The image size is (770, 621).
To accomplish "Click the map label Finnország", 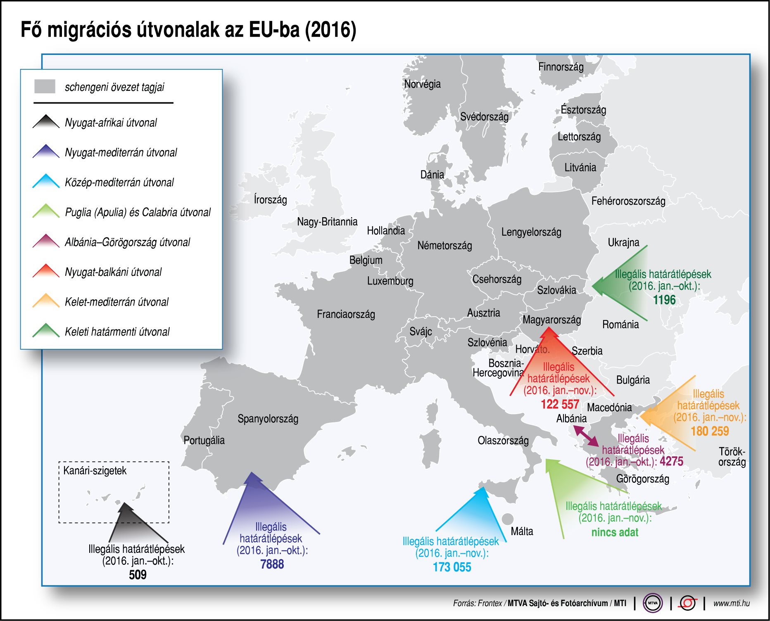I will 561,67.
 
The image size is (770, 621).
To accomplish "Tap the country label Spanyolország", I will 268,419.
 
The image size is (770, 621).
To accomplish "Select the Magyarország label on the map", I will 551,320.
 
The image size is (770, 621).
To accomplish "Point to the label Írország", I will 270,200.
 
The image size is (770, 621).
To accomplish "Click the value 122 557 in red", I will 560,404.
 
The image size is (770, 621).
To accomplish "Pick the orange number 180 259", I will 710,431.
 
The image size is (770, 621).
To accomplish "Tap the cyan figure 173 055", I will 452,567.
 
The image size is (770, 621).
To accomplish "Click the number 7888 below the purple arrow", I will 272,564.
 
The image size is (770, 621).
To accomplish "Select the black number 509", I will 138,575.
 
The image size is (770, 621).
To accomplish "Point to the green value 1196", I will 664,300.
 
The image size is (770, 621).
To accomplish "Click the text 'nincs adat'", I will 615,532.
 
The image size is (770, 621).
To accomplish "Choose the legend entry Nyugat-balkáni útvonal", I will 113,272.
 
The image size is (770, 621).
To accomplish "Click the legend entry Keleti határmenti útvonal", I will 117,332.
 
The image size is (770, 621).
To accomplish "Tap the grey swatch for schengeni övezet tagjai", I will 45,86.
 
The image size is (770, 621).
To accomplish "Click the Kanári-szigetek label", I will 95,471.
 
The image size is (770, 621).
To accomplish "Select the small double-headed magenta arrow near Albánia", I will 586,436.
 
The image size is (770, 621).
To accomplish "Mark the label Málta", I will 522,531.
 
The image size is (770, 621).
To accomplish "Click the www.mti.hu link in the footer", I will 731,603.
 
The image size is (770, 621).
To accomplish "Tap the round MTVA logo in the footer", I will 653,603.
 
